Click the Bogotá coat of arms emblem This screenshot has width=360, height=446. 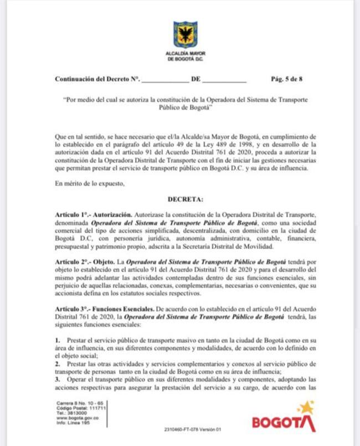[185, 34]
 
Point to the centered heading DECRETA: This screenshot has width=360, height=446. [185, 198]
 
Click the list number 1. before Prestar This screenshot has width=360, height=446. [58, 338]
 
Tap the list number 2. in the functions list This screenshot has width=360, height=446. [58, 363]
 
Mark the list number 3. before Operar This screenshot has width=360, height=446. [58, 380]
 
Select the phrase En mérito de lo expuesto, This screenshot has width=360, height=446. [86, 183]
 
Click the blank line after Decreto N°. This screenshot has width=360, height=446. [164, 80]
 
